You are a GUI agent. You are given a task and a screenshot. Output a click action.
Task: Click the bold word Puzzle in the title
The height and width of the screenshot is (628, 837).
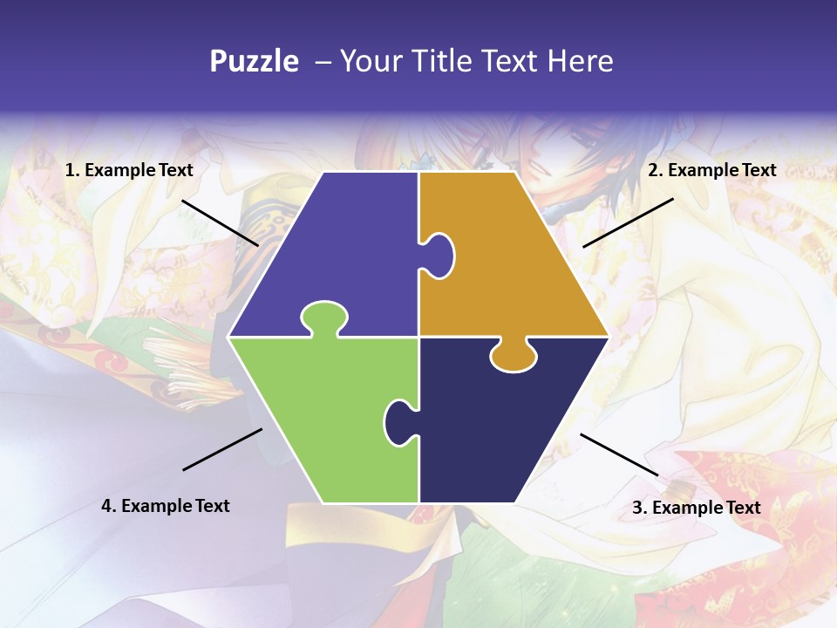(x=254, y=61)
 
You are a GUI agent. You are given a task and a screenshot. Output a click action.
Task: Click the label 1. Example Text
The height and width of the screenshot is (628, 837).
(x=129, y=170)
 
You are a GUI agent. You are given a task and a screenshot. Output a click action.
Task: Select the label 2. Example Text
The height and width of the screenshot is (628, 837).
(x=711, y=170)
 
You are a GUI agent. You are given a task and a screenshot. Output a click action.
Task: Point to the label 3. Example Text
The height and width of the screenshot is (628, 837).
(x=696, y=508)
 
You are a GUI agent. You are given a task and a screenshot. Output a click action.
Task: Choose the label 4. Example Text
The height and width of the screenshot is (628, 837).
(x=166, y=506)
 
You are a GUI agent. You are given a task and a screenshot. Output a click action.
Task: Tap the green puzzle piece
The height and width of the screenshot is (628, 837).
(x=323, y=419)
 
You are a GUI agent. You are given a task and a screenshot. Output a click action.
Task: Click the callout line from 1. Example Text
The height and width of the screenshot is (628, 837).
(x=220, y=222)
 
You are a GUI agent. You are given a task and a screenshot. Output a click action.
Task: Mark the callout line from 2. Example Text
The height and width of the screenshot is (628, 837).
(x=628, y=222)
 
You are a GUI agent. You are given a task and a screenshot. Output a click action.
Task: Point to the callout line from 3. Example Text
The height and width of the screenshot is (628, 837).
(x=619, y=454)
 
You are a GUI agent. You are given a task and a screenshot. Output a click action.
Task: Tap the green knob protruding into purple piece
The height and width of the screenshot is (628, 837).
(x=323, y=316)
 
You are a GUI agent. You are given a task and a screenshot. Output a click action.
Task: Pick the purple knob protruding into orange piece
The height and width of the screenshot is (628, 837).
(x=439, y=255)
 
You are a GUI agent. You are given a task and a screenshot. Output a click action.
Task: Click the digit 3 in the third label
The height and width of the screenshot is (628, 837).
(x=637, y=508)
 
